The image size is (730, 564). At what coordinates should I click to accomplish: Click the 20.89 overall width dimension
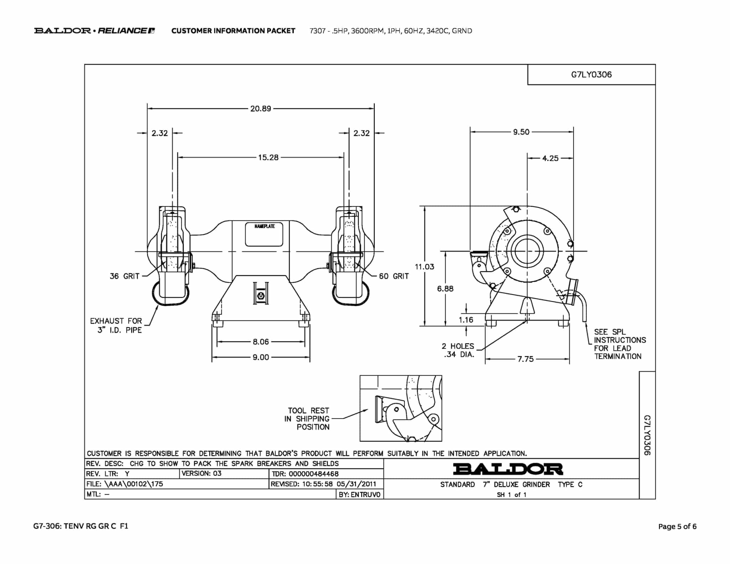click(261, 108)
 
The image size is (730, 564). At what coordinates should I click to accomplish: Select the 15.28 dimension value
click(268, 157)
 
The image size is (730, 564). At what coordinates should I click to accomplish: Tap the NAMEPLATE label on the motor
click(264, 226)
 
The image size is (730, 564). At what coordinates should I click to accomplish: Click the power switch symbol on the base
click(261, 296)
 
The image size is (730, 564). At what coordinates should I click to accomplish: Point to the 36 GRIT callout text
click(124, 276)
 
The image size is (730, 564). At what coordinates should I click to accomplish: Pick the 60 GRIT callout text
click(394, 276)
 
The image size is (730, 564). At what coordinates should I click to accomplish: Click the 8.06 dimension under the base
click(261, 342)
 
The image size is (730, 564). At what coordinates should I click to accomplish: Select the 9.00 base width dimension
click(261, 357)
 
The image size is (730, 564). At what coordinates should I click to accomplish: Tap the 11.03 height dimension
click(424, 267)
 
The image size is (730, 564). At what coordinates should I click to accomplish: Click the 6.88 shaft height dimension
click(445, 288)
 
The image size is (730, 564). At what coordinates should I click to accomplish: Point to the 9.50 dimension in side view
click(521, 132)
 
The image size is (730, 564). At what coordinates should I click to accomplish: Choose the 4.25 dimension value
click(550, 158)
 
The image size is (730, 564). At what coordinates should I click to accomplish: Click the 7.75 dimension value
click(526, 359)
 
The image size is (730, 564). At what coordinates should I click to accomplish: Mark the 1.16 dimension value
click(466, 320)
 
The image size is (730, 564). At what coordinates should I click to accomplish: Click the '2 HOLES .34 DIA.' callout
click(458, 350)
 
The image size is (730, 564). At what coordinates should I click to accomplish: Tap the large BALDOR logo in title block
click(508, 469)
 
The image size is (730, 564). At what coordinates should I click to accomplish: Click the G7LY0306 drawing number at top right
click(591, 75)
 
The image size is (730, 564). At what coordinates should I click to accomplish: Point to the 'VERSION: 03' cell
click(201, 473)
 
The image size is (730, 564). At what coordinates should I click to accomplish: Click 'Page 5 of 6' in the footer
click(677, 526)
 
